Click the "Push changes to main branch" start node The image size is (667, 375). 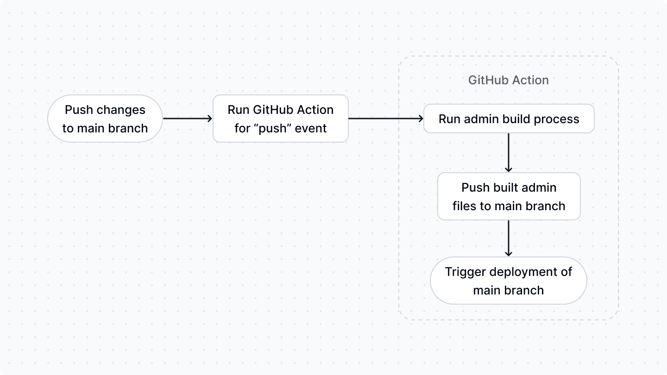click(x=105, y=119)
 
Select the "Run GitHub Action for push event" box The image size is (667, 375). click(x=280, y=119)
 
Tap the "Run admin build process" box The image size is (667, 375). click(x=509, y=119)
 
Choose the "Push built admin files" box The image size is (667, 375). click(x=509, y=196)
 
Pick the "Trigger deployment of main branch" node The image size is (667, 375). click(x=508, y=281)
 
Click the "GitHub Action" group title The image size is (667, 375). click(x=508, y=80)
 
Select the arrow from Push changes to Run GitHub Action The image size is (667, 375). click(x=187, y=119)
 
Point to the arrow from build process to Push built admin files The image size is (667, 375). click(x=509, y=153)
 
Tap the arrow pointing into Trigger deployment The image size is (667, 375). click(x=509, y=238)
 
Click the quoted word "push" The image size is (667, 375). click(x=272, y=128)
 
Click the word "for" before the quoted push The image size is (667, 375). click(x=242, y=128)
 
